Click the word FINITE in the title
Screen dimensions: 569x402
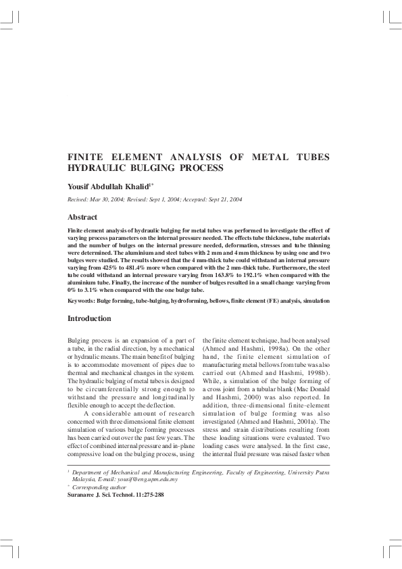(84, 157)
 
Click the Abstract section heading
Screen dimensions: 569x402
(82, 217)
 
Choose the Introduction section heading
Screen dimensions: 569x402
(89, 318)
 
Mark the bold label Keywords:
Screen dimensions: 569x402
(84, 300)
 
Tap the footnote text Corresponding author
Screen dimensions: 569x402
(101, 487)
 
